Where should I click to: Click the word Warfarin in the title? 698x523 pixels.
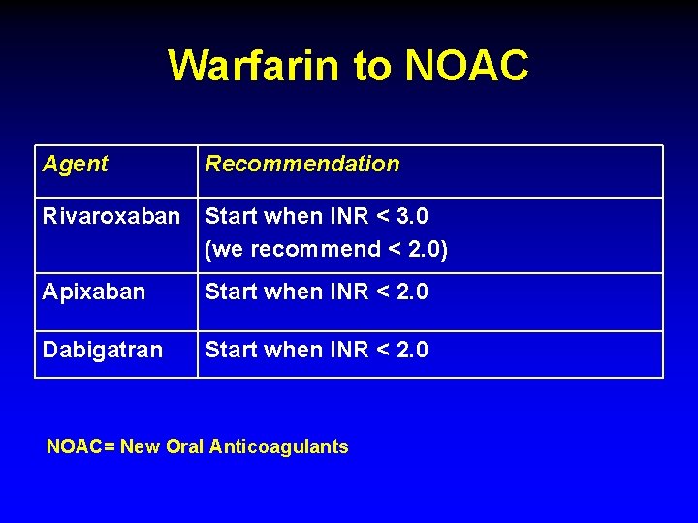(254, 66)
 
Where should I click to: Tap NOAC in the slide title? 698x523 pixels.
(466, 66)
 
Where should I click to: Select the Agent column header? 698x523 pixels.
(75, 164)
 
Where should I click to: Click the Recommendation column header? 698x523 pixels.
(301, 164)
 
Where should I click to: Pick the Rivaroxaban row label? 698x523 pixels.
(111, 216)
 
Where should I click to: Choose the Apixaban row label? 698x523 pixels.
(94, 292)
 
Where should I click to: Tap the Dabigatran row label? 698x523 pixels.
(103, 350)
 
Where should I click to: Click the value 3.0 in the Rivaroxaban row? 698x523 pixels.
(410, 216)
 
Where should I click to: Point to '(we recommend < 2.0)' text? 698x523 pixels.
(326, 249)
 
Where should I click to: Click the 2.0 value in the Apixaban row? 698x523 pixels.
(410, 292)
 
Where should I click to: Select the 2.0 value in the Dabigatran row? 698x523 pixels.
(410, 350)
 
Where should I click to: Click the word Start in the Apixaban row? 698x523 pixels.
(230, 292)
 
